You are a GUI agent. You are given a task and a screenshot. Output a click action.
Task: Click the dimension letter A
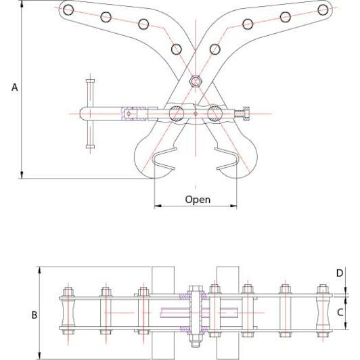[x=14, y=87]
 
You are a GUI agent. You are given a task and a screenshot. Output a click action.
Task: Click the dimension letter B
[x=35, y=315]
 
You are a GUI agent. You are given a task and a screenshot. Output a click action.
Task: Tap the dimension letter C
[x=340, y=313]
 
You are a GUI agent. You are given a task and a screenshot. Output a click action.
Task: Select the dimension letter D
[x=340, y=273]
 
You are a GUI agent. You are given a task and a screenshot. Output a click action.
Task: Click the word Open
[x=198, y=200]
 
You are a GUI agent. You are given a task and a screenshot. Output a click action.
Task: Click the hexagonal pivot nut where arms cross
[x=196, y=81]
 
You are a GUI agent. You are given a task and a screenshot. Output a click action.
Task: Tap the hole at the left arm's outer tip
[x=68, y=9]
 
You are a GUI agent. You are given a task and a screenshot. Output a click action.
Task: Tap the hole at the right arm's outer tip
[x=323, y=9]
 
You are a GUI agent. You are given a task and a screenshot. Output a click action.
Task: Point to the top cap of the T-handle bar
[x=90, y=81]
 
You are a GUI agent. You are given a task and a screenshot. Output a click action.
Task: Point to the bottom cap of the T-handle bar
[x=90, y=146]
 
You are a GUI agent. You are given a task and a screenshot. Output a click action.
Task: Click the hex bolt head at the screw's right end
[x=246, y=114]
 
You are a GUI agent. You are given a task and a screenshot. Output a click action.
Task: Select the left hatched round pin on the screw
[x=177, y=114]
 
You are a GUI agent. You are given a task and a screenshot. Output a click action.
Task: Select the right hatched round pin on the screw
[x=215, y=114]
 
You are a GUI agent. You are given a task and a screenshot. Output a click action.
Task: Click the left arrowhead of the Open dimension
[x=158, y=206]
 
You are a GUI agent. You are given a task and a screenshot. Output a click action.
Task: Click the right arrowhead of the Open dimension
[x=233, y=206]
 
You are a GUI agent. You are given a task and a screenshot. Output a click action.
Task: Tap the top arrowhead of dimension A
[x=22, y=4]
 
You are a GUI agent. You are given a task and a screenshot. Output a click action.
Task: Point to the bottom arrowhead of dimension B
[x=40, y=356]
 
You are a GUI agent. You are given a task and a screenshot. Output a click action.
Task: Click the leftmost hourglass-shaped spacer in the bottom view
[x=68, y=313]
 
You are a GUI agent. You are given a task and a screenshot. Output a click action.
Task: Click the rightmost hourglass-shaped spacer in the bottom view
[x=323, y=313]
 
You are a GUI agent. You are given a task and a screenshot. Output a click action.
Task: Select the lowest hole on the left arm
[x=177, y=49]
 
